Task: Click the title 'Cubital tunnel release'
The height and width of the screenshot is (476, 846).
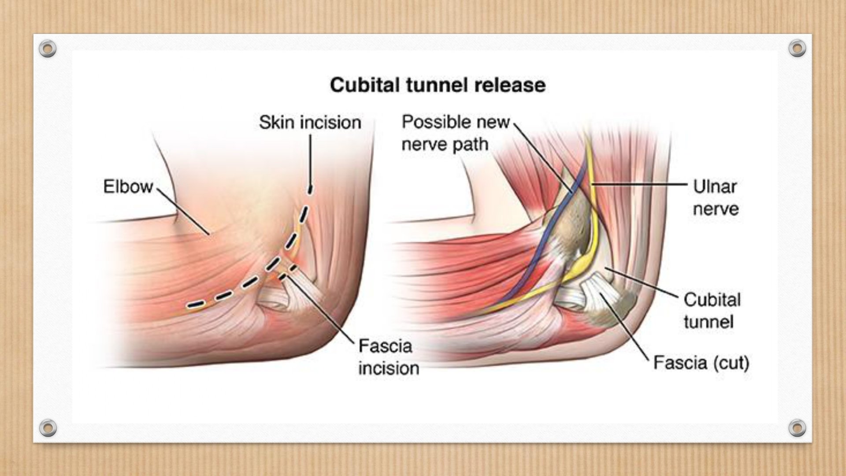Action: click(438, 85)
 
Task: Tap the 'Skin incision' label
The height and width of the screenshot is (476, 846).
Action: click(310, 122)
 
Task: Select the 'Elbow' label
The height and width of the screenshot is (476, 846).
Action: click(128, 186)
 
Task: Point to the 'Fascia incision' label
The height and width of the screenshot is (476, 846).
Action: click(389, 357)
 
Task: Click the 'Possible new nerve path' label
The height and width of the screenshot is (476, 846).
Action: click(456, 133)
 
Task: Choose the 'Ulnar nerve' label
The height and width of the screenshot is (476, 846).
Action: click(716, 197)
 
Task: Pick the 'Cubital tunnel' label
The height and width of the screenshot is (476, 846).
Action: click(712, 311)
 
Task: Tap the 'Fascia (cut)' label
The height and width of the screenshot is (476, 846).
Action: click(701, 363)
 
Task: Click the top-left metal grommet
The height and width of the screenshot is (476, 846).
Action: click(48, 48)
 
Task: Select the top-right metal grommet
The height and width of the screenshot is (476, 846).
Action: click(797, 48)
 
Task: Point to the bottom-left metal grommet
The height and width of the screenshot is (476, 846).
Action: click(48, 428)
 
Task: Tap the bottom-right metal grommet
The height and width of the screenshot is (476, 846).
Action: click(797, 428)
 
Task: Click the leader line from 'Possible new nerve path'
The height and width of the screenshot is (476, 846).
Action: click(543, 158)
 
